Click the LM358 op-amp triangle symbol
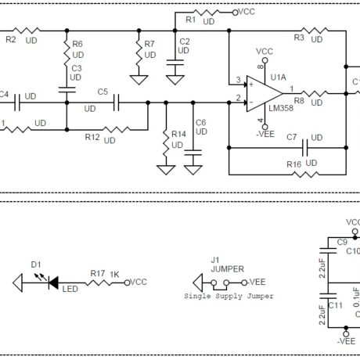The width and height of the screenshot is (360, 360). click(x=262, y=92)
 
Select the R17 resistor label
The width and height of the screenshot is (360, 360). click(x=97, y=273)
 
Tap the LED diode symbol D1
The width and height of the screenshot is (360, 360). click(x=54, y=283)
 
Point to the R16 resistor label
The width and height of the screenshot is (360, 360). click(x=293, y=165)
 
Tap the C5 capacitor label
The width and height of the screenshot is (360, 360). click(x=103, y=92)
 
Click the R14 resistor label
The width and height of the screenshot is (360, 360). click(x=178, y=135)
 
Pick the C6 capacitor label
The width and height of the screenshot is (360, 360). click(x=200, y=123)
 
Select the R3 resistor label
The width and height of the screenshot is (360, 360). click(x=299, y=37)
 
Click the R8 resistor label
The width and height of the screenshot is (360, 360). click(x=299, y=100)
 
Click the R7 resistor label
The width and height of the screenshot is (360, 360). click(x=149, y=44)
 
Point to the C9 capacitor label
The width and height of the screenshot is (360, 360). click(x=341, y=243)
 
